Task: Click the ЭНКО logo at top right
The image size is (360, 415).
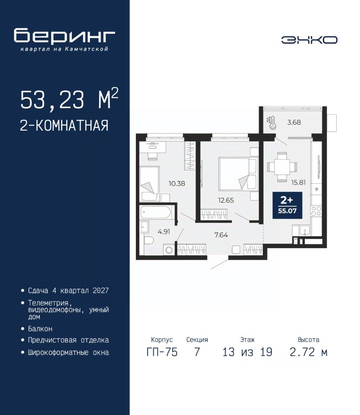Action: tap(309, 40)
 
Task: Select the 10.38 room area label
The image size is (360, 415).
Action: tap(177, 183)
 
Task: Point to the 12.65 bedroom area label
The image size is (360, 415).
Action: tap(226, 200)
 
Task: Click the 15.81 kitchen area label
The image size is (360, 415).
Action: tap(298, 182)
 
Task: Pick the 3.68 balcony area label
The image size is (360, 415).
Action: tap(294, 122)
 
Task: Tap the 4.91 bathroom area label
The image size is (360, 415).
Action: tap(164, 232)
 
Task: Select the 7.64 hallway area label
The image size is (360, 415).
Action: tap(221, 235)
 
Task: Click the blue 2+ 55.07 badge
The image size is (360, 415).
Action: tap(287, 205)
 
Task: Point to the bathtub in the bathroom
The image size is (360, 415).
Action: tap(156, 212)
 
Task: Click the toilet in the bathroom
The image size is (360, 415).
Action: tap(148, 240)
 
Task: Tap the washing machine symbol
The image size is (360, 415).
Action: tap(169, 250)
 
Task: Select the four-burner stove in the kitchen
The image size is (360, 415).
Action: tap(316, 211)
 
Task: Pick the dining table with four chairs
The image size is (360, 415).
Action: tap(282, 167)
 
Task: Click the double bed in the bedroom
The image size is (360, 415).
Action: tap(238, 174)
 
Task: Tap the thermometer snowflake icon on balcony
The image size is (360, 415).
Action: tap(271, 123)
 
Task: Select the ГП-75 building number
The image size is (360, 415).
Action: tap(162, 352)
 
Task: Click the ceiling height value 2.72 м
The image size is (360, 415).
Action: tap(309, 352)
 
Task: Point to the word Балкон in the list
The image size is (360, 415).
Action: tap(40, 329)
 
